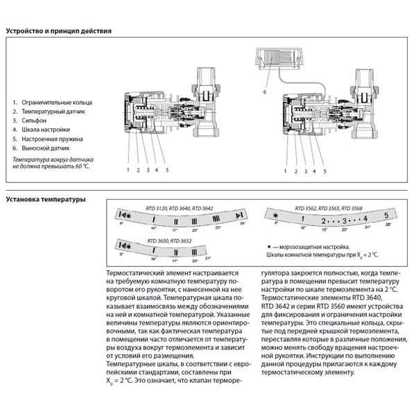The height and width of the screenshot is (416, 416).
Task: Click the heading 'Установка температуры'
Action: (x=46, y=200)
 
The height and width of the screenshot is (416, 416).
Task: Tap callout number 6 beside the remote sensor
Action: (x=263, y=91)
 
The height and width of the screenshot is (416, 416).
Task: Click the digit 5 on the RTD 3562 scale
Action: (x=385, y=216)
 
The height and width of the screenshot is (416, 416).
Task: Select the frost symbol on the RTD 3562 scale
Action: (x=275, y=216)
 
